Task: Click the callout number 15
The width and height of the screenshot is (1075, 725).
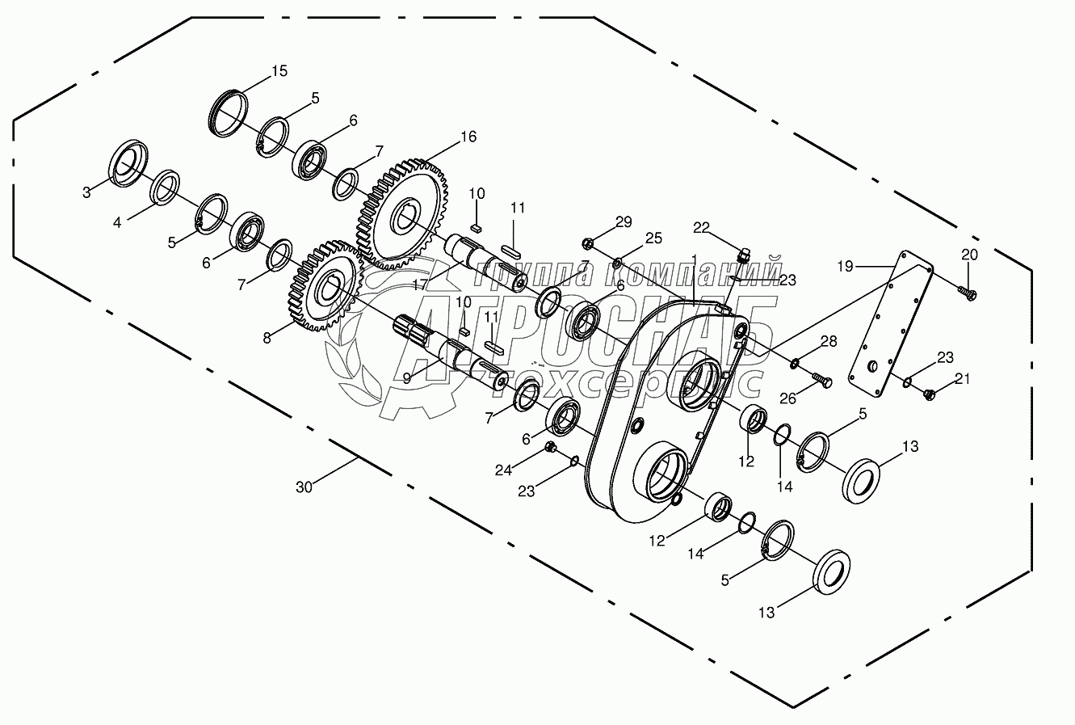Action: (x=279, y=71)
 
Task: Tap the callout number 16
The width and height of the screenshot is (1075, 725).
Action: (x=468, y=137)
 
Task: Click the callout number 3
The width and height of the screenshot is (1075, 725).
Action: (x=86, y=192)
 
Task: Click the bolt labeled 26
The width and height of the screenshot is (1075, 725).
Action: (x=821, y=380)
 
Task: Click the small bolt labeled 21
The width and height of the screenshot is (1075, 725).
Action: (x=928, y=394)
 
